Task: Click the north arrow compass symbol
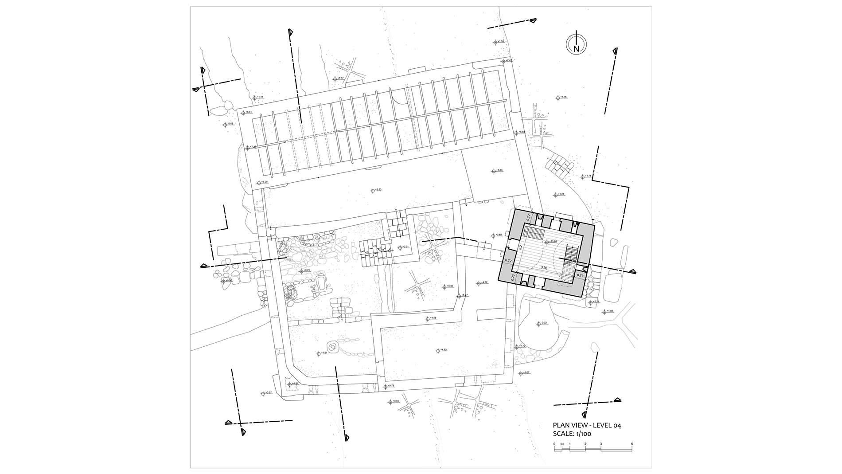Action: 576,43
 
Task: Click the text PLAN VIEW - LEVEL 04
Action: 587,426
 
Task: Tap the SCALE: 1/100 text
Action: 572,434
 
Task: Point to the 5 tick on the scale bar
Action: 632,444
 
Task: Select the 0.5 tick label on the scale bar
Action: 562,444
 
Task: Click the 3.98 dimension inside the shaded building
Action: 545,268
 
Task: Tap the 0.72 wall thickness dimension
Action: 509,262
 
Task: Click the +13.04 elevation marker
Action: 550,242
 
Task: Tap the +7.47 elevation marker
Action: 506,60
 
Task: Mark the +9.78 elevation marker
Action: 388,386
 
